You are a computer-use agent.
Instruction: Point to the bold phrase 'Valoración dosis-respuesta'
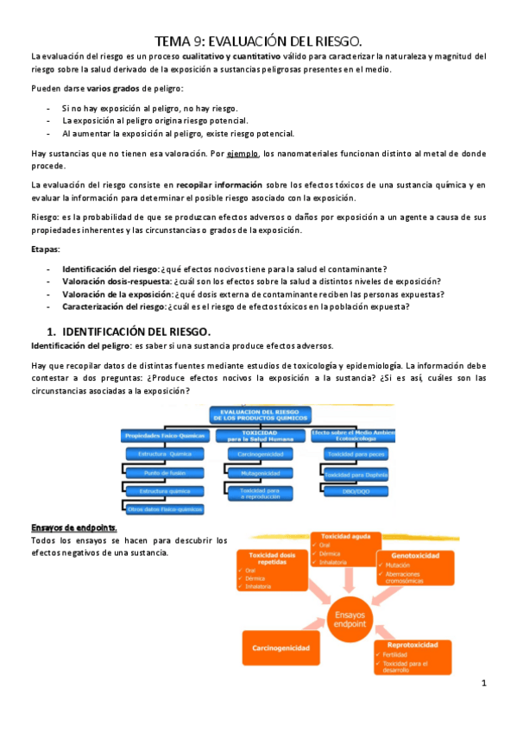tap(116, 281)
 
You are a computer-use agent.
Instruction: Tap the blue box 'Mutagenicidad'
tap(258, 473)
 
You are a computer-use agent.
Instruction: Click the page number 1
tap(484, 684)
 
